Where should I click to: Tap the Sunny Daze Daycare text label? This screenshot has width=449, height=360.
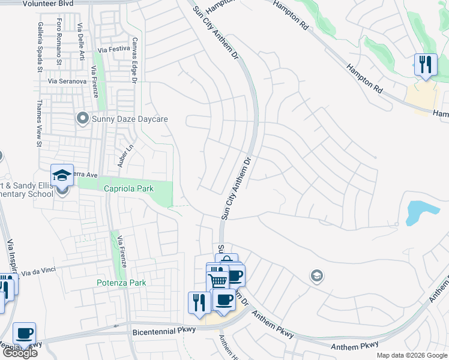(x=130, y=119)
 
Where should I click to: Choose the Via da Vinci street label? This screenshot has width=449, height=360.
(x=38, y=272)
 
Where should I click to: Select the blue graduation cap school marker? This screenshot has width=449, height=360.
(x=62, y=175)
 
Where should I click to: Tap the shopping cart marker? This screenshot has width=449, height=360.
(x=217, y=280)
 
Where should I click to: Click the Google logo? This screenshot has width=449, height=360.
(x=19, y=353)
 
